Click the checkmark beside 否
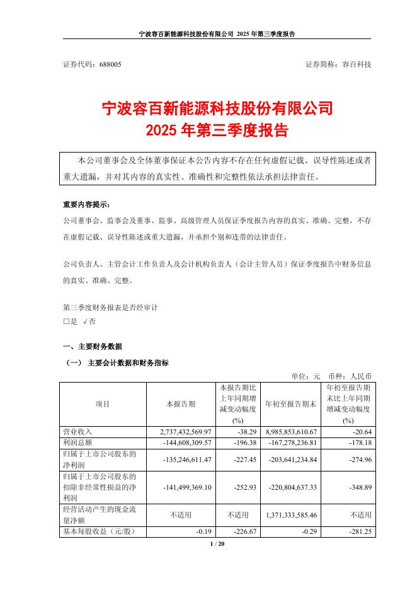click(85, 321)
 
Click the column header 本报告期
click(180, 403)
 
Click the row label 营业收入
click(77, 432)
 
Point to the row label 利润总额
click(77, 442)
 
